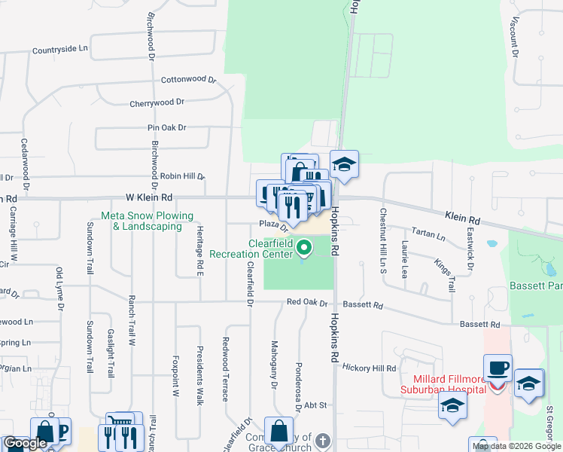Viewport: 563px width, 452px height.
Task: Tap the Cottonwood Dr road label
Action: [x=188, y=79]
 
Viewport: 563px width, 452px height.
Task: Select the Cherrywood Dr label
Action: [x=157, y=102]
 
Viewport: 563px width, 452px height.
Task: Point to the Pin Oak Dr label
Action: [x=166, y=128]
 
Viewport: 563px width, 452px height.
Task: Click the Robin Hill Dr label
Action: [x=182, y=176]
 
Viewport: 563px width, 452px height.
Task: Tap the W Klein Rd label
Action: [x=149, y=197]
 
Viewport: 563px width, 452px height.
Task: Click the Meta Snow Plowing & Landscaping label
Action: [x=148, y=221]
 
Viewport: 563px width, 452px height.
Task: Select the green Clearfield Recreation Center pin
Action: [x=304, y=246]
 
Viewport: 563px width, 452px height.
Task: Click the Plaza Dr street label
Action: [x=274, y=224]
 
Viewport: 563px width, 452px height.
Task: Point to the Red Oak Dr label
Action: [x=307, y=303]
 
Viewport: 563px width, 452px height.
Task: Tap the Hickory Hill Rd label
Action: [x=369, y=368]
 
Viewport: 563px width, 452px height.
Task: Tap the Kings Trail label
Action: [x=445, y=275]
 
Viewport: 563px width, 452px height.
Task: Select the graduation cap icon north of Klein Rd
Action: [x=344, y=165]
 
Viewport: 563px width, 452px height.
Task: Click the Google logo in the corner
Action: [x=25, y=444]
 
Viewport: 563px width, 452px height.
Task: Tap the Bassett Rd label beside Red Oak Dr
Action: [x=363, y=305]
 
